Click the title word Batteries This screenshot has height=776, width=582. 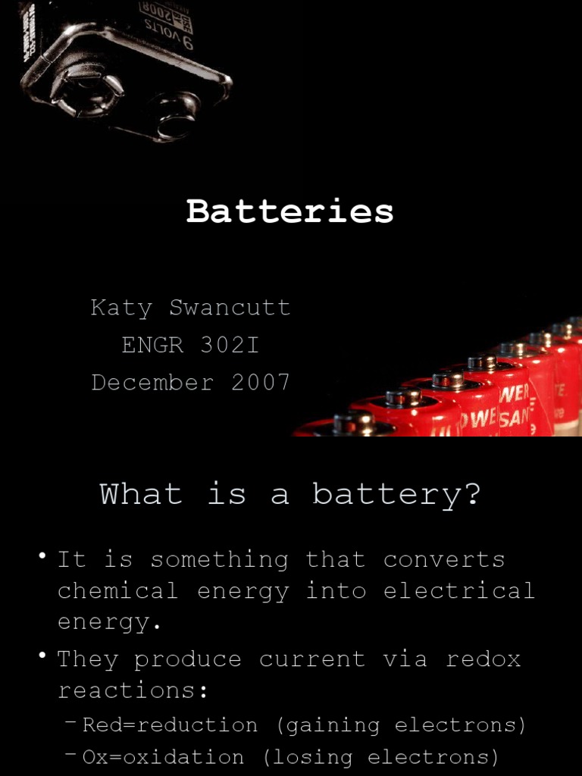(290, 211)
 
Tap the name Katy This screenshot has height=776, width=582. (120, 308)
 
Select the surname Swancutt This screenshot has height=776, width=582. (230, 308)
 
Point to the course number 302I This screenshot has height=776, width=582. (230, 345)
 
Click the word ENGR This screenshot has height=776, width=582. (152, 345)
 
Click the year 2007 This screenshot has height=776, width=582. (261, 382)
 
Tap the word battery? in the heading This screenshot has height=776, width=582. (396, 494)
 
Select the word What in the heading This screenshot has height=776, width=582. (141, 494)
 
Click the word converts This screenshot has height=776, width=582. (444, 560)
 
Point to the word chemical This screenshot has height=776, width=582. (117, 591)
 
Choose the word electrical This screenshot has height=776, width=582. (459, 591)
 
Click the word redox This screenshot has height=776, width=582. (483, 659)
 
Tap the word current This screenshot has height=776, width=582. (312, 659)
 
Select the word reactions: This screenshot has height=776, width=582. (133, 690)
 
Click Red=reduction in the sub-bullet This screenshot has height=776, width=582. (170, 725)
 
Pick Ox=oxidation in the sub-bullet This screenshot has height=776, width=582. (163, 757)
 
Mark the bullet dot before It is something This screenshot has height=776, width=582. (43, 558)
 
